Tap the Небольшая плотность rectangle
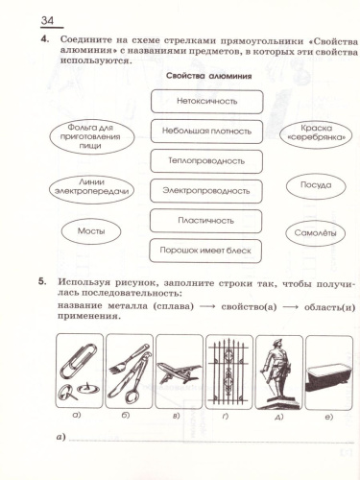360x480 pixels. pos(206,131)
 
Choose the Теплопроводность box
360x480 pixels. pos(206,160)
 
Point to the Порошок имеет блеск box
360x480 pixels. pos(206,251)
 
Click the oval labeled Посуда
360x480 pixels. pos(316,183)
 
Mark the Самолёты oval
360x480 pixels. pos(316,233)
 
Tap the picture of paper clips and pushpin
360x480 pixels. pos(80,371)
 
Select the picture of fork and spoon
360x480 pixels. pos(129,371)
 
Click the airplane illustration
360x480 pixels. pos(179,371)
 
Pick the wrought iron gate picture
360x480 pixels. pos(228,371)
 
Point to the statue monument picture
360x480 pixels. pos(277,371)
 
